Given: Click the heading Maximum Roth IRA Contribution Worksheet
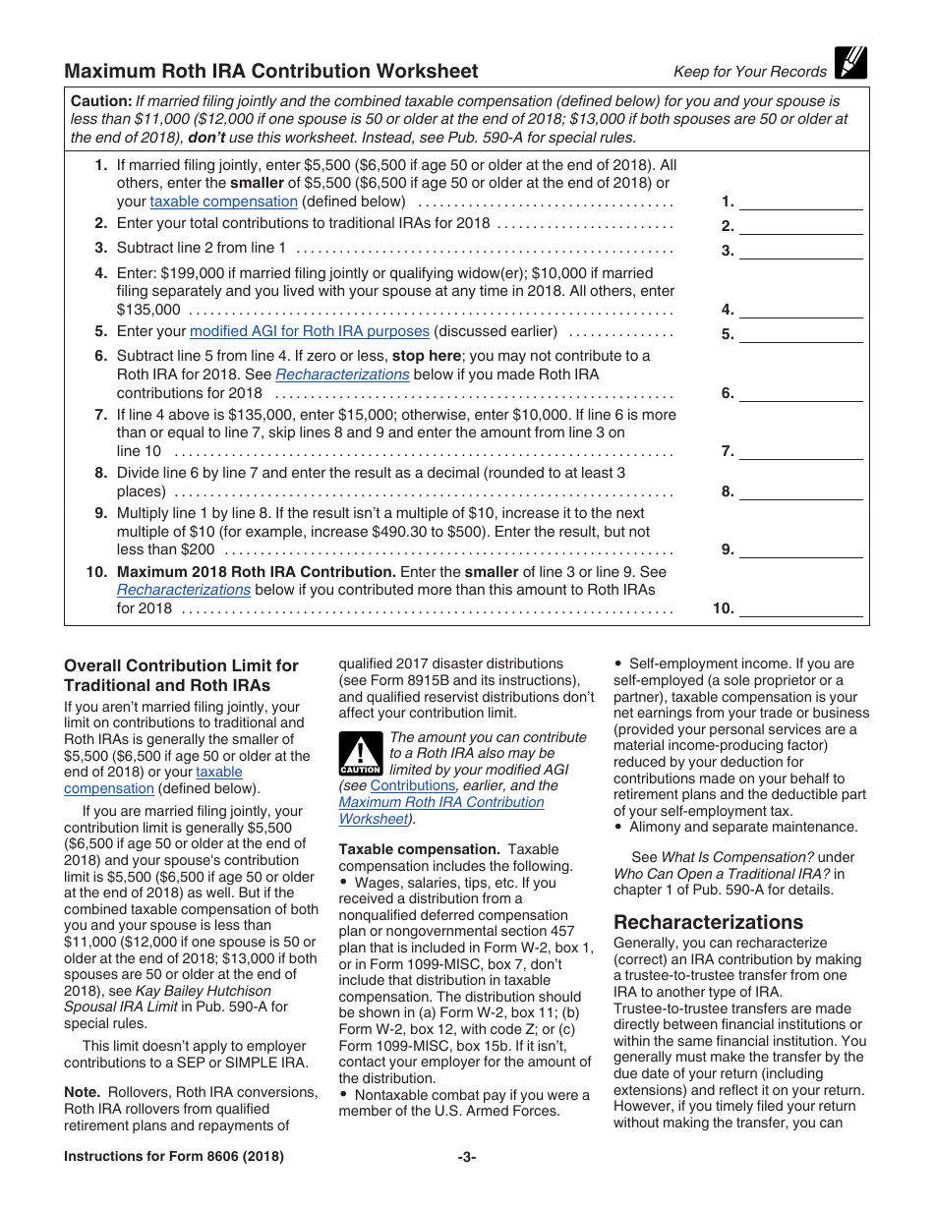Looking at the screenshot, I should pyautogui.click(x=271, y=71).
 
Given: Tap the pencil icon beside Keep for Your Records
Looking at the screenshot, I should pyautogui.click(x=849, y=63).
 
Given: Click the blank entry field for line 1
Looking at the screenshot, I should pyautogui.click(x=799, y=201).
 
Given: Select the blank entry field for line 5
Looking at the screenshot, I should pyautogui.click(x=799, y=334).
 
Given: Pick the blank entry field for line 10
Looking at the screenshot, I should pyautogui.click(x=799, y=608).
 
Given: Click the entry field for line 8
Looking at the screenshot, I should pyautogui.click(x=799, y=491).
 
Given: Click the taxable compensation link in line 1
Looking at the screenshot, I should pyautogui.click(x=223, y=201).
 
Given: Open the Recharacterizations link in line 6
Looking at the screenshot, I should pyautogui.click(x=342, y=374).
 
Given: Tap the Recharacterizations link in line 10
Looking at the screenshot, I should pyautogui.click(x=184, y=590).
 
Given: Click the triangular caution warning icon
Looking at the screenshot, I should pyautogui.click(x=360, y=753).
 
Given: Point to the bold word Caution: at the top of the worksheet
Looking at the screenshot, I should pyautogui.click(x=101, y=101).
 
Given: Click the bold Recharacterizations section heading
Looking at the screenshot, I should pyautogui.click(x=708, y=922).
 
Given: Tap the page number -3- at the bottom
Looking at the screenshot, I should pyautogui.click(x=466, y=1157).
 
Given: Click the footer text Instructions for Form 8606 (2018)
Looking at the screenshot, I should pyautogui.click(x=174, y=1157).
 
